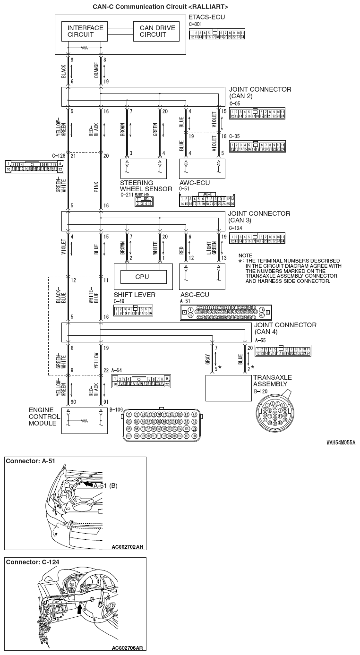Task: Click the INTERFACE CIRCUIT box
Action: pos(85,31)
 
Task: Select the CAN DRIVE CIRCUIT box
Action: pos(157,31)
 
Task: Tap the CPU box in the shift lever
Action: pos(142,277)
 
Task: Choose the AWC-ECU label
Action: pos(195,183)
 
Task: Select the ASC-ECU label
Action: pos(194,295)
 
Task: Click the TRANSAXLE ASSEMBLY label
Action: pos(272,381)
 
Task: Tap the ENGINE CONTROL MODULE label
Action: pos(44,416)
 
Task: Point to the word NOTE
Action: pos(245,255)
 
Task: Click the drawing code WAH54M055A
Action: pos(340,443)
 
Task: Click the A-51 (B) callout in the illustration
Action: pos(105,485)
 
